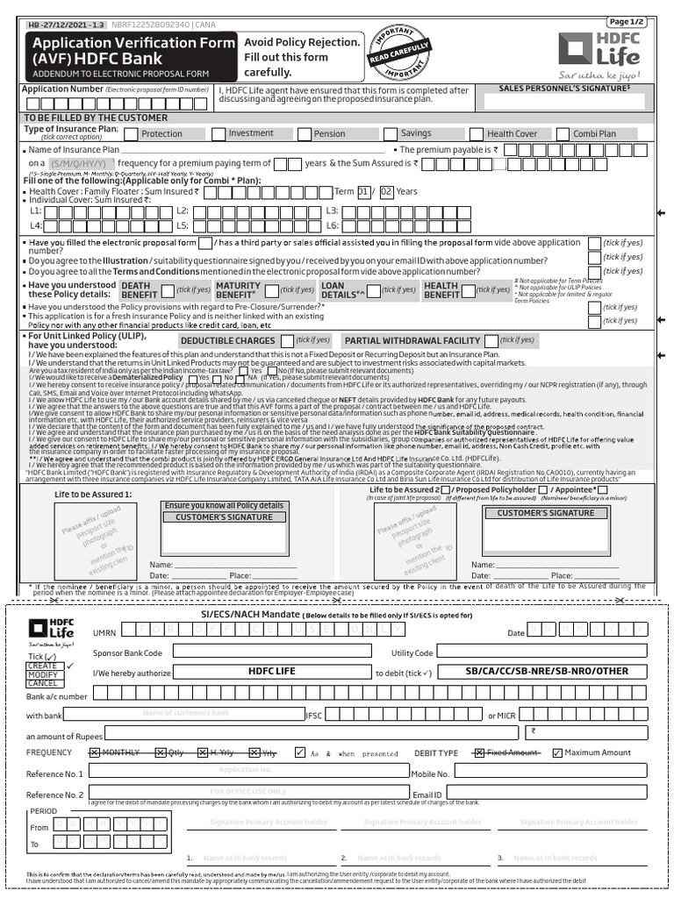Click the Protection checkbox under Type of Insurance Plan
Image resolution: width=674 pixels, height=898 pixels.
point(131,134)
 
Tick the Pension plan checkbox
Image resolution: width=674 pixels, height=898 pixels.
point(304,134)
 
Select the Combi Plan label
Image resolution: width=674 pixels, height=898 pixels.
point(594,134)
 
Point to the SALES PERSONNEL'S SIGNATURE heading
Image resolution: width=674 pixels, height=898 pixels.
point(566,89)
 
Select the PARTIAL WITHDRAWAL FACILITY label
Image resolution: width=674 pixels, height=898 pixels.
point(412,340)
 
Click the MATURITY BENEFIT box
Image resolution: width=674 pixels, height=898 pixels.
point(238,290)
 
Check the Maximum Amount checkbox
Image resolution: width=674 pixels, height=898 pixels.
point(556,752)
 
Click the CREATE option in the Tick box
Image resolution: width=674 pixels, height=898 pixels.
point(42,666)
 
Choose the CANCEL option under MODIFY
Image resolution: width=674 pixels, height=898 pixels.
point(42,683)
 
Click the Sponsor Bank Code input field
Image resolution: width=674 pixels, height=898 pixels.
point(270,652)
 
